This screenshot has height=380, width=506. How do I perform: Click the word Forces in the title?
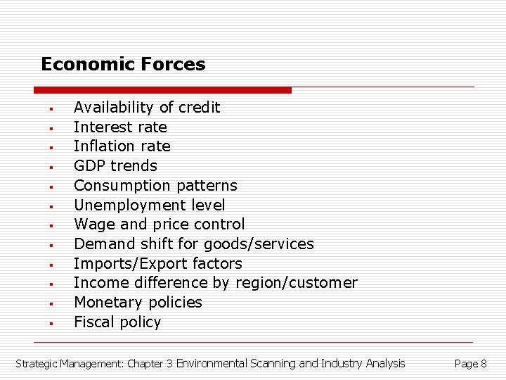pyautogui.click(x=174, y=65)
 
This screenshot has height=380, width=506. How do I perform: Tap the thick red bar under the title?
pyautogui.click(x=162, y=90)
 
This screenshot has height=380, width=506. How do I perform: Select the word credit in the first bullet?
pyautogui.click(x=199, y=108)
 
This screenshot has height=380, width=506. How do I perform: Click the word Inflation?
pyautogui.click(x=103, y=146)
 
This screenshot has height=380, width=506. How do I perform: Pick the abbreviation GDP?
pyautogui.click(x=89, y=166)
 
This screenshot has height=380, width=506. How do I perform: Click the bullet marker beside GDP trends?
pyautogui.click(x=51, y=167)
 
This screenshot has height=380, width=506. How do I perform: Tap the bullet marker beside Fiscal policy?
pyautogui.click(x=51, y=324)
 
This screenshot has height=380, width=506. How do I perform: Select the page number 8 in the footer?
pyautogui.click(x=484, y=364)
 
